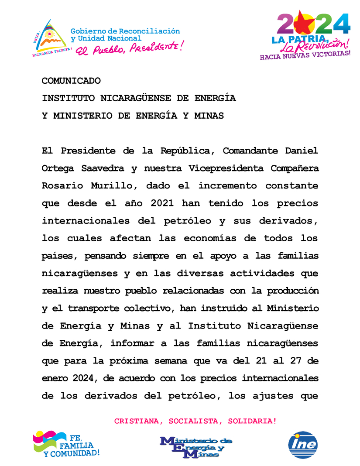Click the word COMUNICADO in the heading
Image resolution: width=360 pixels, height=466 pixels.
coord(71,81)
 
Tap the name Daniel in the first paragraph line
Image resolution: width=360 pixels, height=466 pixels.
coord(302,151)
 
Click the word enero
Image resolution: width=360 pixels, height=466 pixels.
coord(55,378)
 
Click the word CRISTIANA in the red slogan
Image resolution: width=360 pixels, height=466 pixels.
coord(133,421)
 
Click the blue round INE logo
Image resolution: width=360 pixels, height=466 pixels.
coord(303,445)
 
